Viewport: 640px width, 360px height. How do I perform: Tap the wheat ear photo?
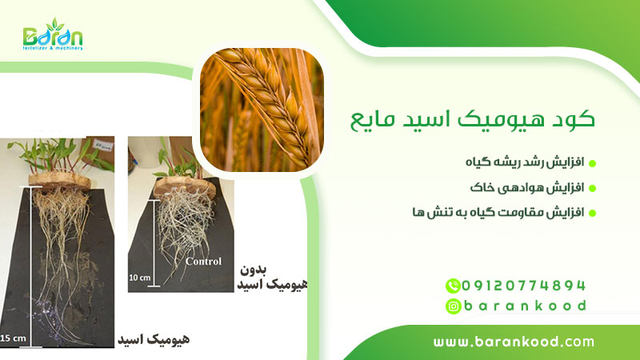point(261,110)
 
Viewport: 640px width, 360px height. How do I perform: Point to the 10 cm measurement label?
point(140,277)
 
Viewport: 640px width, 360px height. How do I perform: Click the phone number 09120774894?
point(525,285)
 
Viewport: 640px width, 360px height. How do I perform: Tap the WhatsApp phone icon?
point(453,285)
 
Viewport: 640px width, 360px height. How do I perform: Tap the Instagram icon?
point(453,306)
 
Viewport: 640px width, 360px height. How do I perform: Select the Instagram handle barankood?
point(525,306)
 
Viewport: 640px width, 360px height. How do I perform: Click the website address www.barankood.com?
point(514,342)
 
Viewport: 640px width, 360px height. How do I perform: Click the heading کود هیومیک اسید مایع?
point(473,121)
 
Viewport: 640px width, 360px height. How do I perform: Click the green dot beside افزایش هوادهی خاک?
point(593,188)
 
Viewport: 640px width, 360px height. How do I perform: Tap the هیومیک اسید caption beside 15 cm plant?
point(153,339)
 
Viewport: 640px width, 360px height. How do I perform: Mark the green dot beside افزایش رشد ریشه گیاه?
point(593,163)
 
